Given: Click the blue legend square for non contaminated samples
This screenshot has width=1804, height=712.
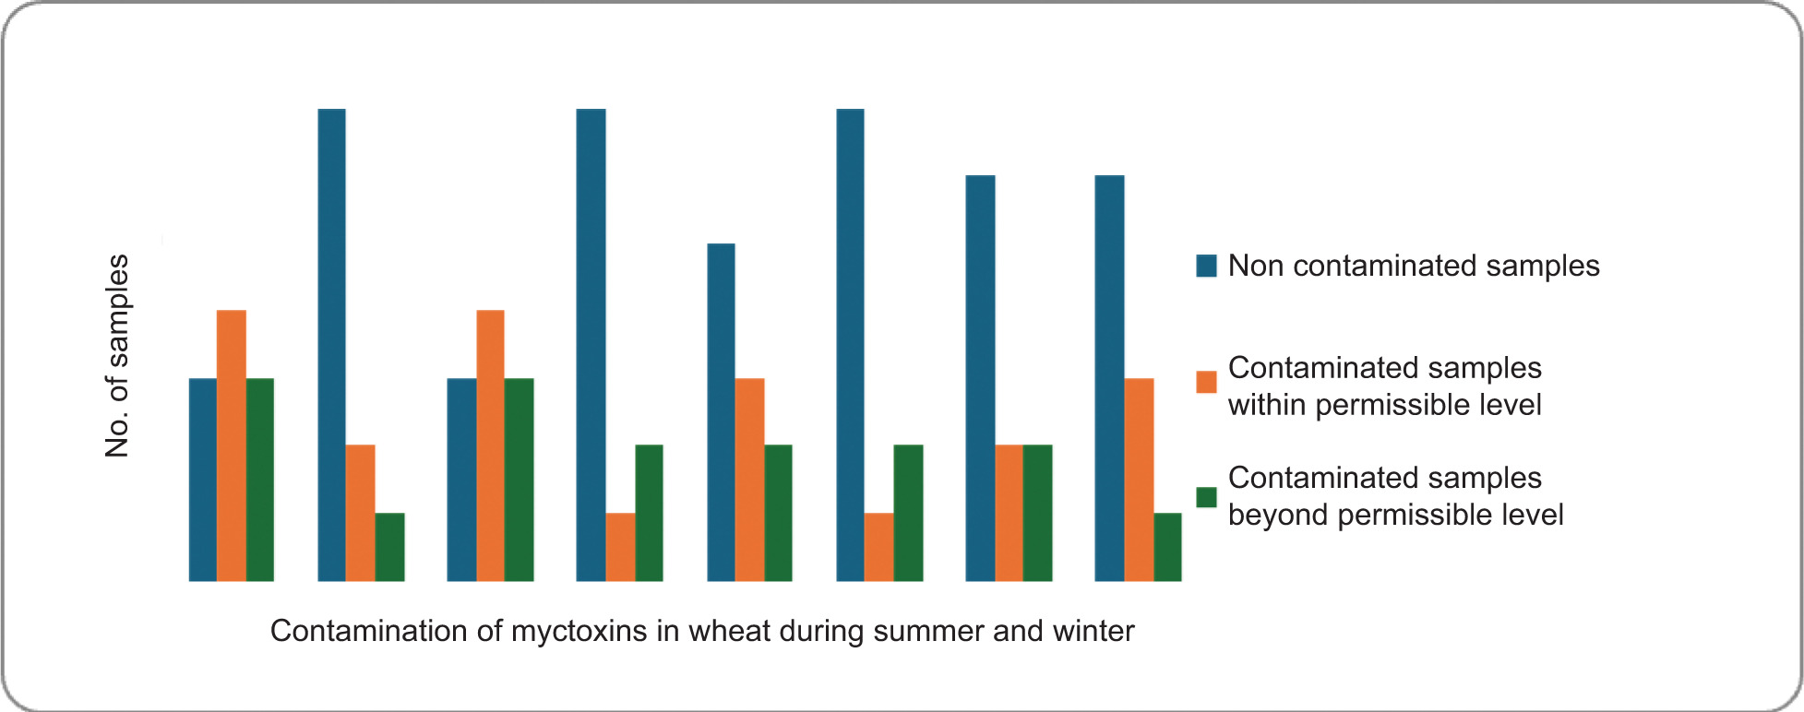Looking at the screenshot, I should coord(1206,266).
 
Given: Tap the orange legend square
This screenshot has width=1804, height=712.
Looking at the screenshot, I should coord(1206,382).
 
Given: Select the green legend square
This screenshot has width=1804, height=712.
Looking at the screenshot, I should coord(1206,497).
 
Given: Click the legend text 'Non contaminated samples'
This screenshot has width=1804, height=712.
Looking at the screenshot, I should coord(1414,266).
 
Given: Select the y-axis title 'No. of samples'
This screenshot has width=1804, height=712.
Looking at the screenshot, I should coord(117,356).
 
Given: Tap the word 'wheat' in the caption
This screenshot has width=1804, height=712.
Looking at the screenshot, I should coord(729,631).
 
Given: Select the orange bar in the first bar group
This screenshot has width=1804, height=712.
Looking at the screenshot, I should coord(232,445).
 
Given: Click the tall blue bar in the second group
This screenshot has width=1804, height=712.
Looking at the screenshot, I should coord(332,345).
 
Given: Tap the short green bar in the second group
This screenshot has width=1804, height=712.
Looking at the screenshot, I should coord(389,547).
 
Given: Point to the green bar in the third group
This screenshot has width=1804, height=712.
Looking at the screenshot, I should coord(519,480).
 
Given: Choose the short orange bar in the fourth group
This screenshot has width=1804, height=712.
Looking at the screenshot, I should coord(620,547).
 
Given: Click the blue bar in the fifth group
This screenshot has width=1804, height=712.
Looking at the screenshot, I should coord(721,412).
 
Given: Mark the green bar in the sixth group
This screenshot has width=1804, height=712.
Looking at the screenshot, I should coord(908,513).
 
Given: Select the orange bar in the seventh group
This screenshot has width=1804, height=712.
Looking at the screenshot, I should coord(1009,513).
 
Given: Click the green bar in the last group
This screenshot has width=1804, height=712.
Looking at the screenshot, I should coord(1167,547).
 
